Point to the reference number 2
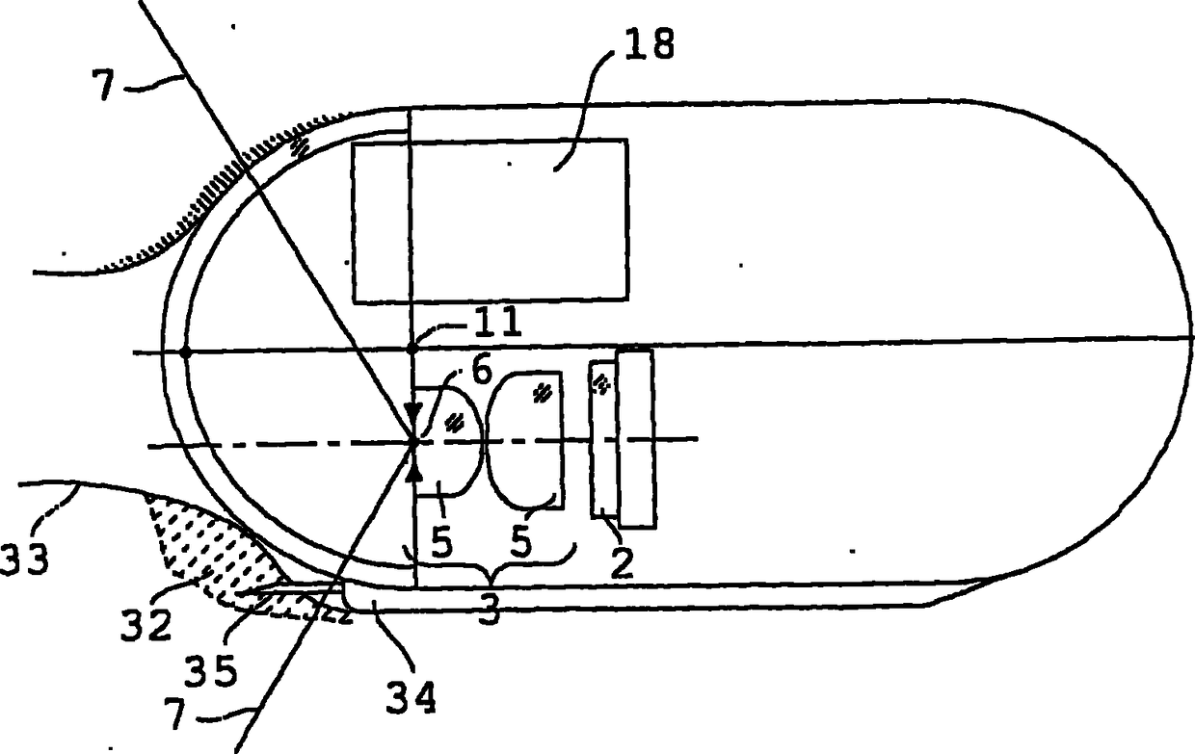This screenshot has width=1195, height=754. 622,560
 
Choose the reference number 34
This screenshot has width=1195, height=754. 411,695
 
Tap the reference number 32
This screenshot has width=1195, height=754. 147,626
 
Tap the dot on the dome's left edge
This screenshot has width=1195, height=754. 185,352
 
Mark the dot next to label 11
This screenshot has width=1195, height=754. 412,348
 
